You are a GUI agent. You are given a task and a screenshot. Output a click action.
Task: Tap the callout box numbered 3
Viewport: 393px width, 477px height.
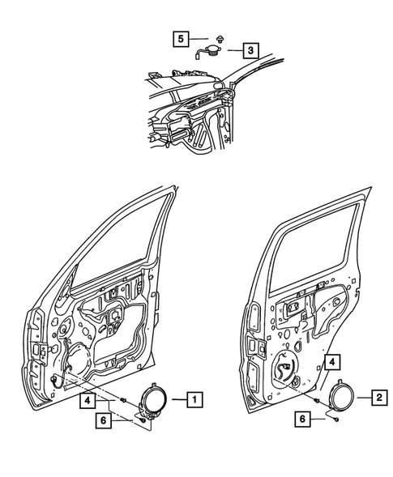click(252, 50)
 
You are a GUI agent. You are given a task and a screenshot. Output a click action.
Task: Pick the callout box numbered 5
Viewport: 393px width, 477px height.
click(182, 36)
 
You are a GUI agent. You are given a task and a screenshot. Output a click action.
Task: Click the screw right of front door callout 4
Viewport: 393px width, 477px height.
click(121, 400)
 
